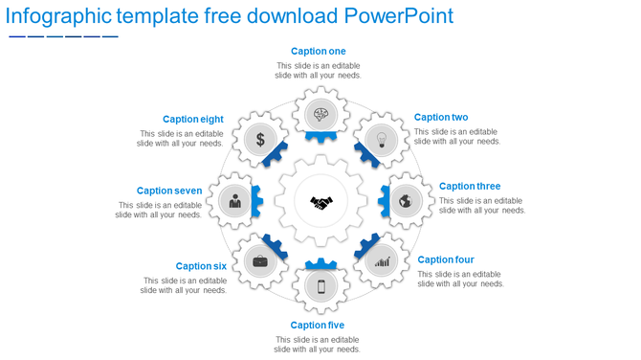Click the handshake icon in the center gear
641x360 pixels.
click(320, 202)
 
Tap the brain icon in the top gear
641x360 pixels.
click(320, 116)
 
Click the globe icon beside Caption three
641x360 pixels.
click(406, 201)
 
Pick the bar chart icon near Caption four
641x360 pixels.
click(382, 260)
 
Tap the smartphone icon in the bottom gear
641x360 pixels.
click(320, 286)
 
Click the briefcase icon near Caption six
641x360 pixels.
click(259, 260)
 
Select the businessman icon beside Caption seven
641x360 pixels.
click(234, 201)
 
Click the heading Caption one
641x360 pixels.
click(319, 52)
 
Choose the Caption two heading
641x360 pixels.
click(441, 118)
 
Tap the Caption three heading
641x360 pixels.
click(470, 187)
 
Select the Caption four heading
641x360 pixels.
click(446, 259)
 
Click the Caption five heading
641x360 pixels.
click(318, 326)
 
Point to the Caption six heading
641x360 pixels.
click(201, 266)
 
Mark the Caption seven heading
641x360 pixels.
click(169, 191)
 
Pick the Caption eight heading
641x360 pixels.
click(193, 120)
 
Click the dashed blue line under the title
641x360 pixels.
click(63, 36)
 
